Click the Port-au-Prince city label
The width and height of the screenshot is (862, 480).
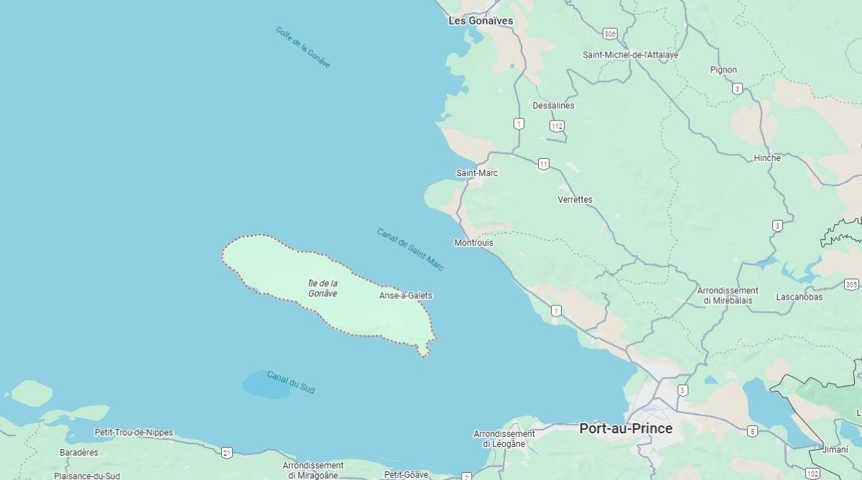point(626,429)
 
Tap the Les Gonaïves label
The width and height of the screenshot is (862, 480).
point(481,21)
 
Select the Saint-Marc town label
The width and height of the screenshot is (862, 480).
point(477,173)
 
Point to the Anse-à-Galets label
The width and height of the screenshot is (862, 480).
point(406,295)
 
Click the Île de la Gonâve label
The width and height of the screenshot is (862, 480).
point(323,288)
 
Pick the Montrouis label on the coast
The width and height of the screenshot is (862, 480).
point(473,243)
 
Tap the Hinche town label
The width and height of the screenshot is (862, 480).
point(767,158)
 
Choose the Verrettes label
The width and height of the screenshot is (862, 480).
point(575,199)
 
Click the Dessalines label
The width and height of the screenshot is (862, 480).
point(553,106)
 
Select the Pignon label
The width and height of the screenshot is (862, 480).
point(723,70)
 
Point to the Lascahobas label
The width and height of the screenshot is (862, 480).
point(800,297)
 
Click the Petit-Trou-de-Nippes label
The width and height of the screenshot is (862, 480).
point(134,433)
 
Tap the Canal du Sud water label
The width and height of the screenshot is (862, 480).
point(291,382)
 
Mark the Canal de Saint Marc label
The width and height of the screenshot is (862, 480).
point(410,249)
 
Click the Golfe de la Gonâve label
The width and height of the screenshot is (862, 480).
point(303,47)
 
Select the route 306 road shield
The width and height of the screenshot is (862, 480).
point(610,34)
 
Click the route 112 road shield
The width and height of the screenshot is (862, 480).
point(557,126)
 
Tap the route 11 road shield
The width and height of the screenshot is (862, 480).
point(544,165)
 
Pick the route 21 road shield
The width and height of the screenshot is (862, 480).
point(227,452)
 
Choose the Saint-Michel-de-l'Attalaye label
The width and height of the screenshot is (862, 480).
point(630,55)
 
